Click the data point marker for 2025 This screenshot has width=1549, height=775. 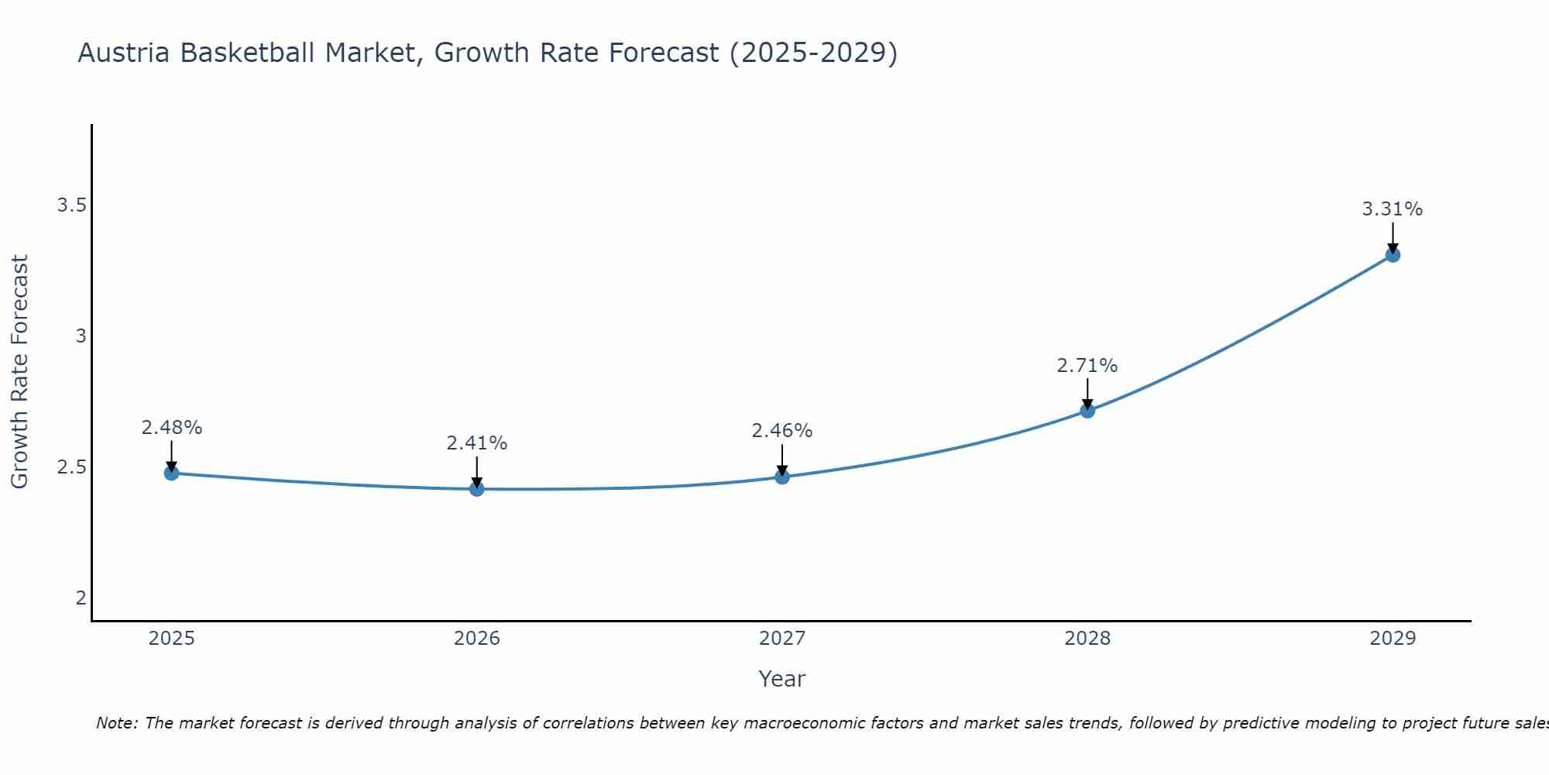171,473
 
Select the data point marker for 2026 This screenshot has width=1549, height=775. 476,489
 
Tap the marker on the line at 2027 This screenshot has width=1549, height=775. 782,477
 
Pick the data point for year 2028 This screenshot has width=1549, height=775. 1087,411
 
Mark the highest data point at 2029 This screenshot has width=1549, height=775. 1393,254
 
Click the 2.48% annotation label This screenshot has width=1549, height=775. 171,428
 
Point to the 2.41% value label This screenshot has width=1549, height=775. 476,443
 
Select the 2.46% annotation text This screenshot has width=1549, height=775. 782,431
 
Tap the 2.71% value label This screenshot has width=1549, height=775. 1087,366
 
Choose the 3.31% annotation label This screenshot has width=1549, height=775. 1393,209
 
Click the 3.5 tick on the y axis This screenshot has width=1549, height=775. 71,205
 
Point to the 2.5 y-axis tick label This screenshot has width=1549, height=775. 71,467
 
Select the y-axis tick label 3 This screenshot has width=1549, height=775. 81,336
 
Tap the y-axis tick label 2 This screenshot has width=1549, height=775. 81,598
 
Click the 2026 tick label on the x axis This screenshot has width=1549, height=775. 476,639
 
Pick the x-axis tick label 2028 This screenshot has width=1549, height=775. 1087,639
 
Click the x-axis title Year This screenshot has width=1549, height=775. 782,679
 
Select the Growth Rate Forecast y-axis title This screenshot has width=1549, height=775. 20,372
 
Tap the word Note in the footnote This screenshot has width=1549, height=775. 115,723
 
